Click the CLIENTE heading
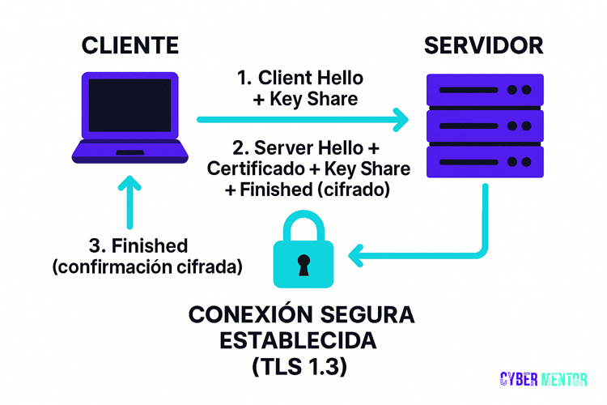[129, 45]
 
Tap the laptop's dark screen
[129, 109]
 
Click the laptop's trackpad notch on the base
[129, 152]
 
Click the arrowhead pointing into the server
[399, 120]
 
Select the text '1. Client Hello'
[300, 79]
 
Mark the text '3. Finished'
[138, 245]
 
